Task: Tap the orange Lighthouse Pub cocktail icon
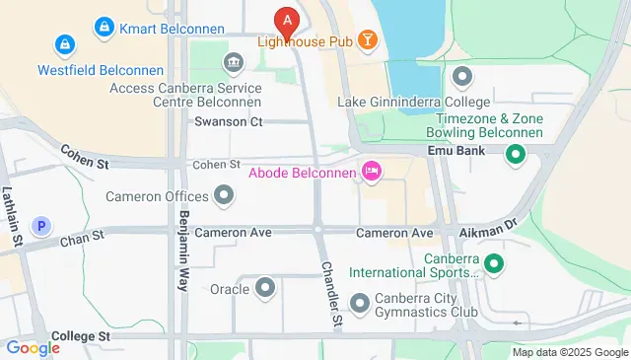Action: click(368, 40)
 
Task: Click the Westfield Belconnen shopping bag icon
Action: click(64, 44)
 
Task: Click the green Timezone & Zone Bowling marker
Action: click(514, 155)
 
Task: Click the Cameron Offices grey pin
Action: click(225, 195)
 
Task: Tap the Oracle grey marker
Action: click(265, 289)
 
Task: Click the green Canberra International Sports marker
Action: click(494, 263)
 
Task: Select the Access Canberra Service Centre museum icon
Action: click(234, 65)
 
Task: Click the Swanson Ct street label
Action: click(229, 122)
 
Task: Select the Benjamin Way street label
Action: click(183, 252)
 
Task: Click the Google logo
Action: click(34, 347)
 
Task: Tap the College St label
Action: click(81, 336)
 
